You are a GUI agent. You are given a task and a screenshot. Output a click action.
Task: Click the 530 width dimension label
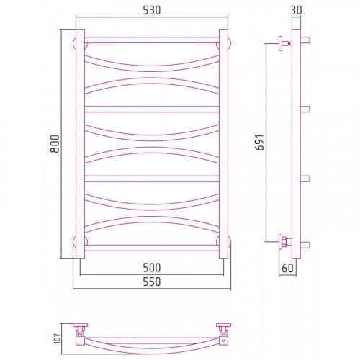click(152, 10)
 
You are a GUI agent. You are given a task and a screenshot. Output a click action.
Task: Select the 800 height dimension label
click(55, 143)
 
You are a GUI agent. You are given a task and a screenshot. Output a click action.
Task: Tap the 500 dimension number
click(152, 268)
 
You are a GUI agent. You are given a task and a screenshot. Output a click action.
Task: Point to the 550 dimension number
click(152, 282)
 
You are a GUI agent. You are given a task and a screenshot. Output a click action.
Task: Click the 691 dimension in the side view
click(259, 142)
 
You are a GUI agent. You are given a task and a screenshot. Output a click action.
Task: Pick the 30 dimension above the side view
click(296, 10)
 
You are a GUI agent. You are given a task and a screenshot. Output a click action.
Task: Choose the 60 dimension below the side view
click(287, 268)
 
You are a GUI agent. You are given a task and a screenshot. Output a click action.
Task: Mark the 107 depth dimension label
click(57, 338)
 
